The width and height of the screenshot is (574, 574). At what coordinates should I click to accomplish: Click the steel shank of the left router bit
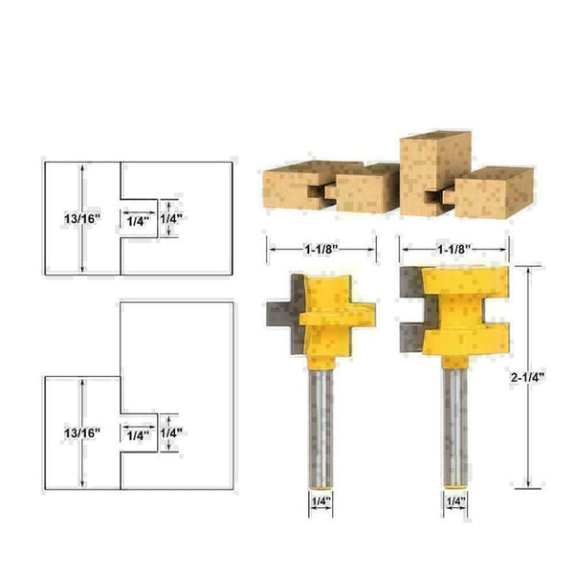tap(320, 421)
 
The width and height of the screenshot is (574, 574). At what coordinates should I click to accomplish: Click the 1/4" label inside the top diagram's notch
tap(138, 220)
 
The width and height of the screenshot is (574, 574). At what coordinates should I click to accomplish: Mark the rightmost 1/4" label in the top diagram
tap(170, 219)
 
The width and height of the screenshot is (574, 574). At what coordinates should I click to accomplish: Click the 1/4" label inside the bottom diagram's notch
tap(138, 434)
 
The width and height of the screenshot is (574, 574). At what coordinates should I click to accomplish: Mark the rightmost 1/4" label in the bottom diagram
tap(170, 433)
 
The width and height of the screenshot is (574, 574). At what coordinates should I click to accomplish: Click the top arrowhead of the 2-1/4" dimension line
tap(528, 268)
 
